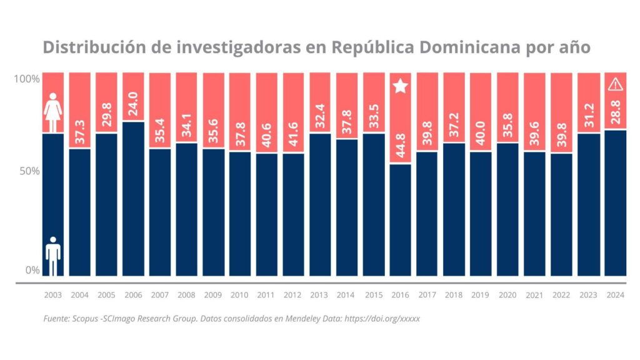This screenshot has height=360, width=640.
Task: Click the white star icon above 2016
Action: tap(401, 86)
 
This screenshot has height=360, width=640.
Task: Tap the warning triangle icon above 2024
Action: tap(615, 84)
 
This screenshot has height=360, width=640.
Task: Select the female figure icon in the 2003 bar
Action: tap(53, 104)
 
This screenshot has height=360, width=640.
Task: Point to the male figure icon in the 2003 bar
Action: tap(53, 256)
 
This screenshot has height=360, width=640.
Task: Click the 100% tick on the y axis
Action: tap(27, 79)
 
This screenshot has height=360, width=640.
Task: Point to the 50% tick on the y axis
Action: tap(28, 171)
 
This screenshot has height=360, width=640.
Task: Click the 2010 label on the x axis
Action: tap(240, 294)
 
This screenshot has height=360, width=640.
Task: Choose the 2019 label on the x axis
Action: tap(481, 294)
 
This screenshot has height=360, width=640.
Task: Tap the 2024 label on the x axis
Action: tap(615, 294)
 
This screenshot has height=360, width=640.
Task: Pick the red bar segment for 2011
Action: tap(267, 112)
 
